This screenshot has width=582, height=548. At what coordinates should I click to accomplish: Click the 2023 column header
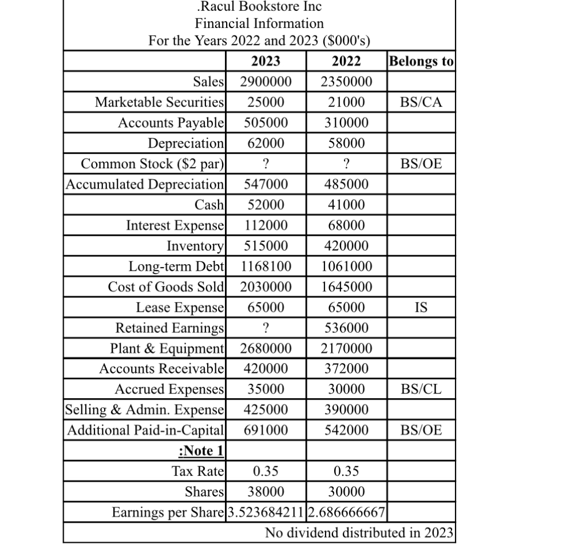click(x=265, y=61)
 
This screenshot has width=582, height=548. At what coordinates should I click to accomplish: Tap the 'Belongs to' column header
click(x=421, y=61)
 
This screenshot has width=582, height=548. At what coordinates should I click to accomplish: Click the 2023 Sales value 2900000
click(x=265, y=82)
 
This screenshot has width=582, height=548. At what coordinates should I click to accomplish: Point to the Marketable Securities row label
click(x=160, y=102)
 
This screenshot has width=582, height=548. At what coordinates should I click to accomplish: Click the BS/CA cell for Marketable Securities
click(x=421, y=102)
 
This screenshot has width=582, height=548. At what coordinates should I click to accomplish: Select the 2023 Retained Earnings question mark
click(x=265, y=328)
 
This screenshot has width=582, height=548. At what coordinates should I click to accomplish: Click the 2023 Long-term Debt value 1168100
click(x=265, y=267)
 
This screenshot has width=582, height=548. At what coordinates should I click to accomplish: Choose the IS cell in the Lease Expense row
click(x=421, y=307)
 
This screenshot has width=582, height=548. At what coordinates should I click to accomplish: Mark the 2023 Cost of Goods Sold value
click(x=265, y=287)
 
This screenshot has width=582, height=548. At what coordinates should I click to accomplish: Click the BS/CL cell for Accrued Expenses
click(x=421, y=390)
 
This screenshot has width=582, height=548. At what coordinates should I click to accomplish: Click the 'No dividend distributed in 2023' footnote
click(x=359, y=533)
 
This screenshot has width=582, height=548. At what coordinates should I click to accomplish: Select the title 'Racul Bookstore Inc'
click(x=259, y=7)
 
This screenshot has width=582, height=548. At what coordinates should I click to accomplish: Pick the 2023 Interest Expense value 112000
click(x=265, y=225)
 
